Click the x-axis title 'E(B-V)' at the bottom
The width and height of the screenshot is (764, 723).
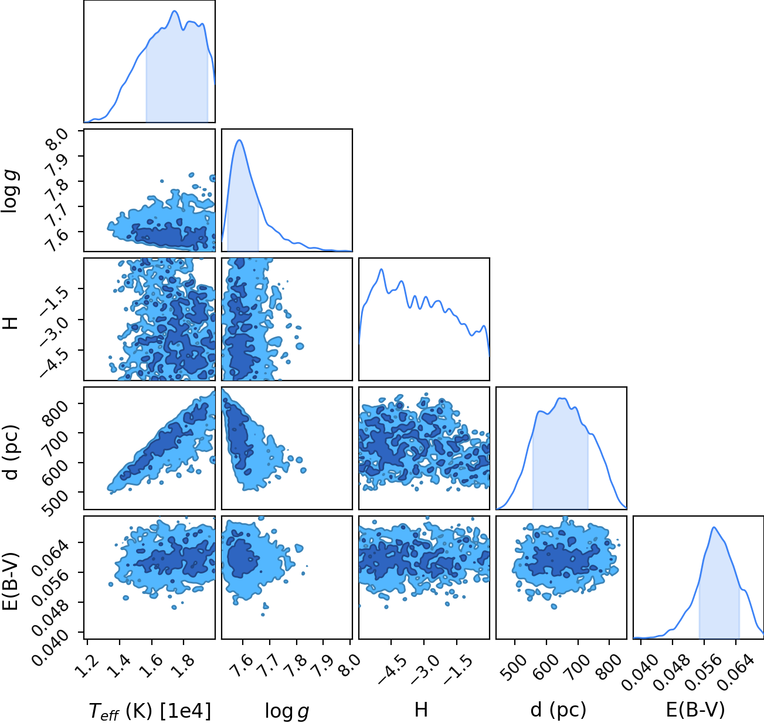coord(695,710)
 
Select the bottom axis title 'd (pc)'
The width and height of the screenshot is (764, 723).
coord(558,710)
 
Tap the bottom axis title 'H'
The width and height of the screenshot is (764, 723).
coord(421,710)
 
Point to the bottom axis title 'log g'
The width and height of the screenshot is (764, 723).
coord(287,711)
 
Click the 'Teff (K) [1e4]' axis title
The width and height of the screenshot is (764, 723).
coord(150,711)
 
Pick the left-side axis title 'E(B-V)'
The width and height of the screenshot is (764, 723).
coord(11,581)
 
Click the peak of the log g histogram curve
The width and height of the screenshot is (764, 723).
coord(239,140)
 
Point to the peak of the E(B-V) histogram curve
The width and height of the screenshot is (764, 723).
coord(714,528)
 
